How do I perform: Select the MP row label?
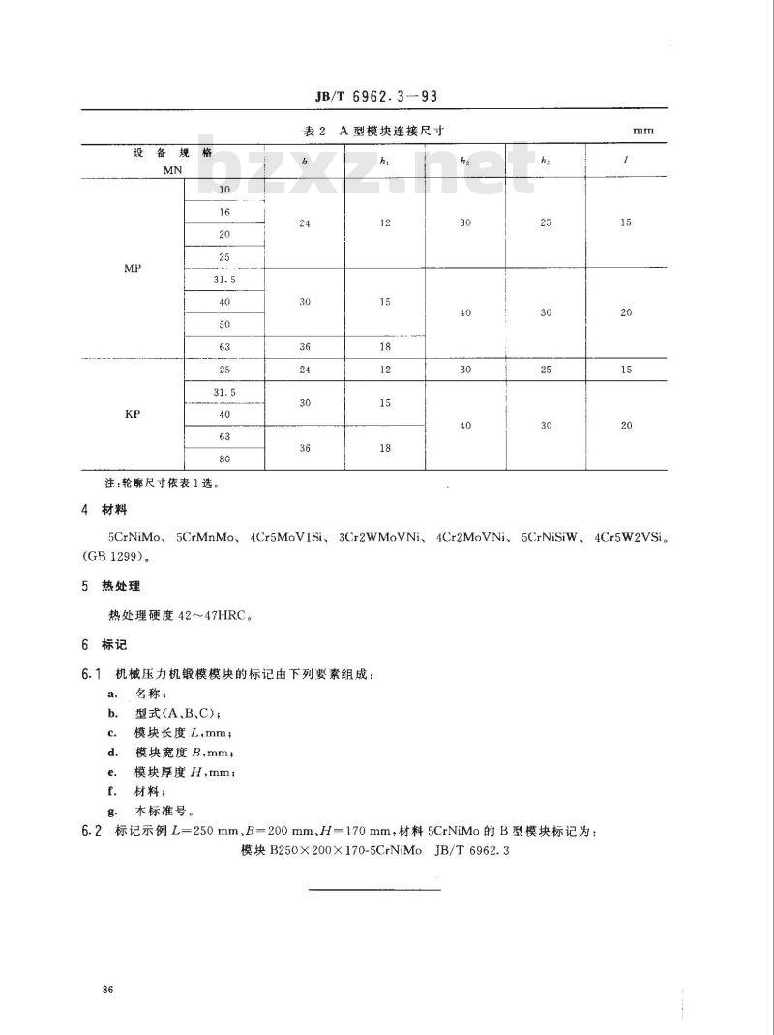click(134, 268)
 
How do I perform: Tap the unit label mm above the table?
click(643, 130)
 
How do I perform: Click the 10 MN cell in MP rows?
click(224, 189)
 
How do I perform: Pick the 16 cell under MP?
click(224, 212)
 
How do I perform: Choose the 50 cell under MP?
click(224, 324)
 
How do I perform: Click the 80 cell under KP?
click(224, 458)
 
